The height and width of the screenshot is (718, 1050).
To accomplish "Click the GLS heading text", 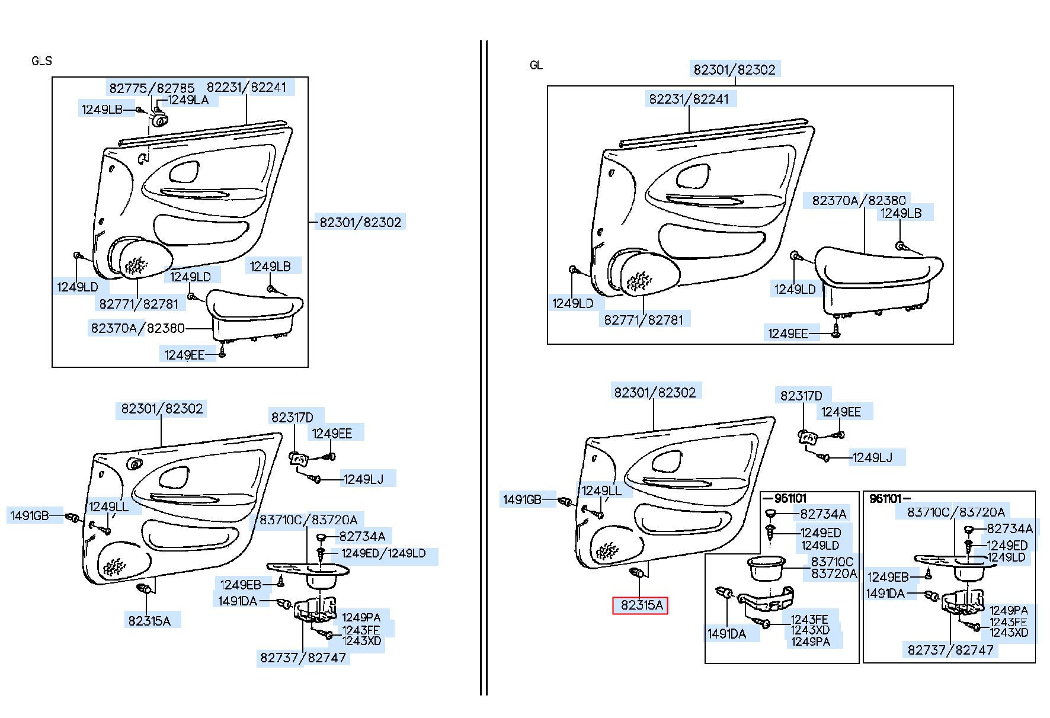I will tap(41, 61).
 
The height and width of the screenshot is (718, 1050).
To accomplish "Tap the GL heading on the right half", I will tap(536, 65).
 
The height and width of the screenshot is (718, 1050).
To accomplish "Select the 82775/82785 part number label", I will tap(152, 88).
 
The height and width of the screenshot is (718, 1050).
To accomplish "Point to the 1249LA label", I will tap(188, 100).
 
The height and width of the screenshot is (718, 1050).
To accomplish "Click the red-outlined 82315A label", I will tap(640, 605).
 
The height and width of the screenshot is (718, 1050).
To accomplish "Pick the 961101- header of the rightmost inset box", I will tap(889, 499).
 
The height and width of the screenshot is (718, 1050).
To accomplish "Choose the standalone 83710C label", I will tap(832, 562).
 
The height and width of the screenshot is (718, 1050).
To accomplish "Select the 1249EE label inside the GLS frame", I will tap(184, 355).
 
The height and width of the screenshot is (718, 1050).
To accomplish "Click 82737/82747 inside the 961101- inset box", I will tap(950, 650).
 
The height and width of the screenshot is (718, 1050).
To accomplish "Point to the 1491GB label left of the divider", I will tap(29, 515).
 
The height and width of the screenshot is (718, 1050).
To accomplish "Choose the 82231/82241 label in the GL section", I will tap(689, 99).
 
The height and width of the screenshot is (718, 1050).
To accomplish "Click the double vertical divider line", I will tap(484, 367).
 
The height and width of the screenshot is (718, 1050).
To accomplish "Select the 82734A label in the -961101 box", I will tap(823, 514).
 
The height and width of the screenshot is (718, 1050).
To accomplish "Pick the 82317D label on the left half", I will tap(292, 418).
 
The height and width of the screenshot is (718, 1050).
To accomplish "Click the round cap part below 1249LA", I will tap(158, 120).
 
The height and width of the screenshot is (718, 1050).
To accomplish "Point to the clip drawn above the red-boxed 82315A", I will tap(639, 573).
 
